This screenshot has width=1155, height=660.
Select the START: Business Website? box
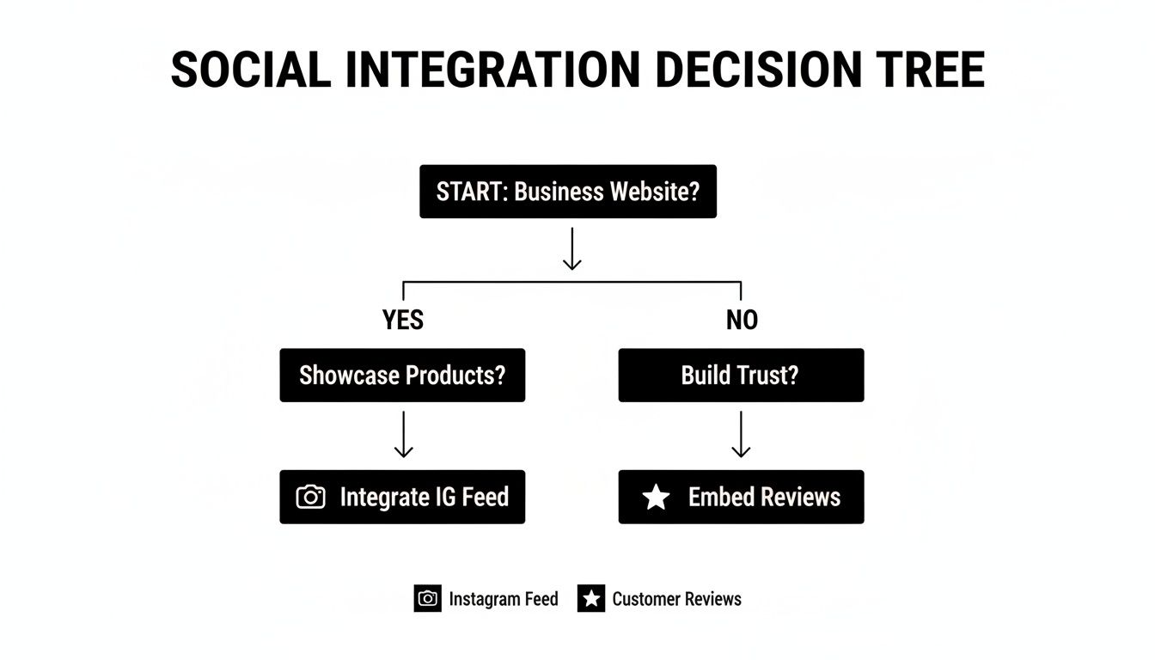(x=567, y=191)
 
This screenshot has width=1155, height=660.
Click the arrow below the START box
(x=571, y=249)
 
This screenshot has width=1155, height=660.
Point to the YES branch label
(x=403, y=321)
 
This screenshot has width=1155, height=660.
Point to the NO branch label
(x=742, y=321)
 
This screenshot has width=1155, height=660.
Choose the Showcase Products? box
(x=402, y=376)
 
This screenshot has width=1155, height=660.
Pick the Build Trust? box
(x=741, y=376)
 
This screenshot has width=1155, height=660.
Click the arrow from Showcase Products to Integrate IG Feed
(x=403, y=434)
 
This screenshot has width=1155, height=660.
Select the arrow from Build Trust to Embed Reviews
(x=741, y=434)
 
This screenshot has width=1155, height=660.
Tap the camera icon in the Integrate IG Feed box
(x=310, y=497)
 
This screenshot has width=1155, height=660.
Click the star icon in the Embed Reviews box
(x=656, y=497)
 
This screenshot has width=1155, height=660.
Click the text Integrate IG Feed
(x=424, y=497)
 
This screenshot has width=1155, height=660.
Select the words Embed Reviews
(x=764, y=497)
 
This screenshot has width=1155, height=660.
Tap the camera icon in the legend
(x=427, y=599)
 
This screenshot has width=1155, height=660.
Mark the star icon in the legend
(x=591, y=599)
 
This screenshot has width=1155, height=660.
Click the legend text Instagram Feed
(x=503, y=599)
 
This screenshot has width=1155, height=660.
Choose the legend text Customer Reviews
(x=676, y=599)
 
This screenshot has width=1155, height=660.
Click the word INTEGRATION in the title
(x=492, y=70)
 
